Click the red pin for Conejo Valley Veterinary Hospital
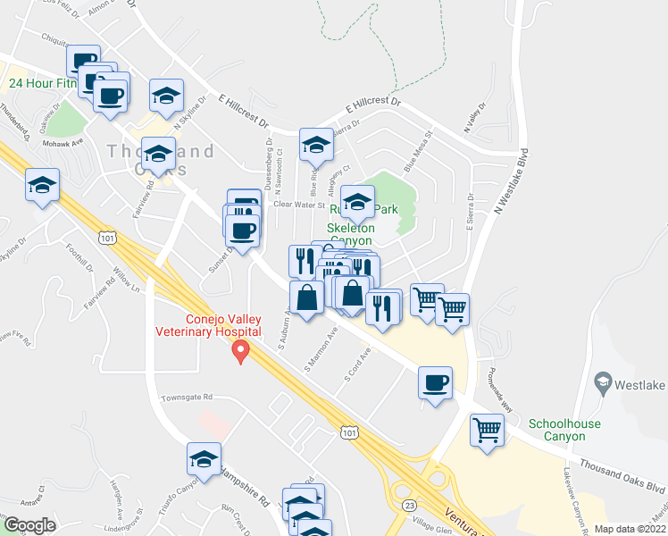239,353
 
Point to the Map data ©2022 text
630,529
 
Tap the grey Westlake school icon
604,383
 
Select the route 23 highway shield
409,505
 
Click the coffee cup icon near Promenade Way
436,383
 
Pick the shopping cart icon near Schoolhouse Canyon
487,431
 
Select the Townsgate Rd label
187,397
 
